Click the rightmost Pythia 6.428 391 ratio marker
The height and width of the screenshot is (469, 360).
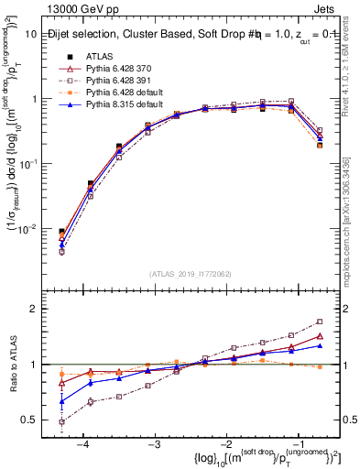click(x=320, y=322)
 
